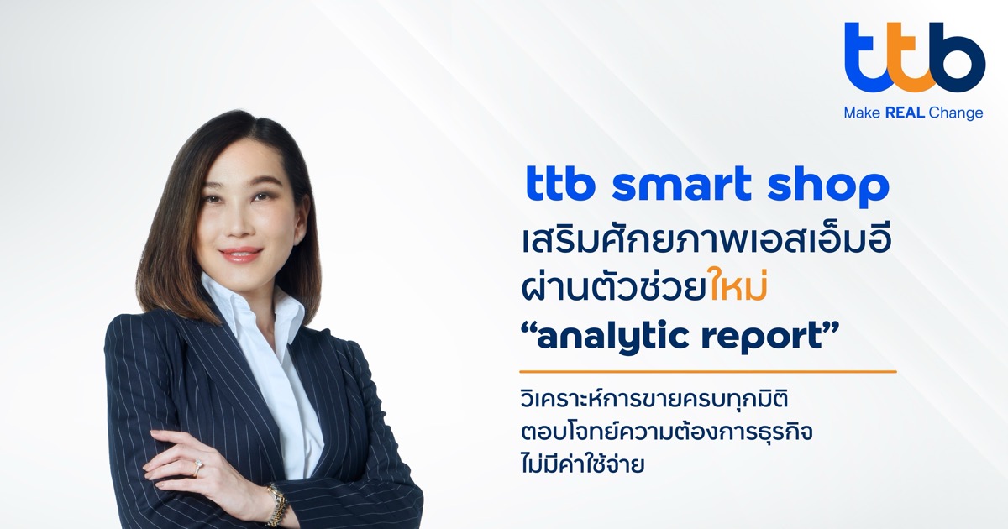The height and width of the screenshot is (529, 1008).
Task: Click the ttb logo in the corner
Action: point(915,57)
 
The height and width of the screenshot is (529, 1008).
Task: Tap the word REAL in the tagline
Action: point(905,113)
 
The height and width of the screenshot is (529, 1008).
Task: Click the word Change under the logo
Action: point(956,113)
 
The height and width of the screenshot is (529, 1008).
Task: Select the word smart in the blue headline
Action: point(681,184)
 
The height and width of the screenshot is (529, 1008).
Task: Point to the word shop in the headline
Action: point(828,186)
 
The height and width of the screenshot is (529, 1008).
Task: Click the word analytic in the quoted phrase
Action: point(613,338)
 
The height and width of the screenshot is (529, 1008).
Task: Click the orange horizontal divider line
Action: point(708,372)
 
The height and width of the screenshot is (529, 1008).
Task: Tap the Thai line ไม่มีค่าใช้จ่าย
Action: point(583,463)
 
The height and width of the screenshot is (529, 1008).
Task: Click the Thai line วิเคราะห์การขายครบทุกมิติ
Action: point(654,399)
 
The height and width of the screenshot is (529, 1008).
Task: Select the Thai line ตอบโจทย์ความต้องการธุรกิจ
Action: point(666,432)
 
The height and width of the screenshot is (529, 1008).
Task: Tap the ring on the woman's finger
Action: point(197,468)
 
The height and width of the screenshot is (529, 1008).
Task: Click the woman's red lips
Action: point(240,254)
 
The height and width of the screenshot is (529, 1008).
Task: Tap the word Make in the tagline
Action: point(862,113)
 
